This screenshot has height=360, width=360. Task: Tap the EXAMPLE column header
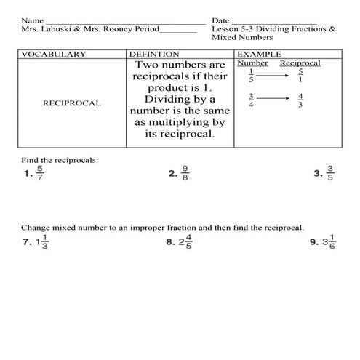point(260,55)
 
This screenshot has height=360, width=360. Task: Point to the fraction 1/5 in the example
point(251,76)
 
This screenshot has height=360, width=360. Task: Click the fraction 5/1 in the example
point(300,76)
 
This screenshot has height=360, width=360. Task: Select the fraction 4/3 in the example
point(300,101)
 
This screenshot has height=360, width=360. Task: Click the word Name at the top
point(31,21)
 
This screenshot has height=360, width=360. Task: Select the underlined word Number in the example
point(252,63)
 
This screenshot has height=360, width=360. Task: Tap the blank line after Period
point(177,32)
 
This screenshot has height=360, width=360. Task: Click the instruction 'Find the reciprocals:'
point(60,159)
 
